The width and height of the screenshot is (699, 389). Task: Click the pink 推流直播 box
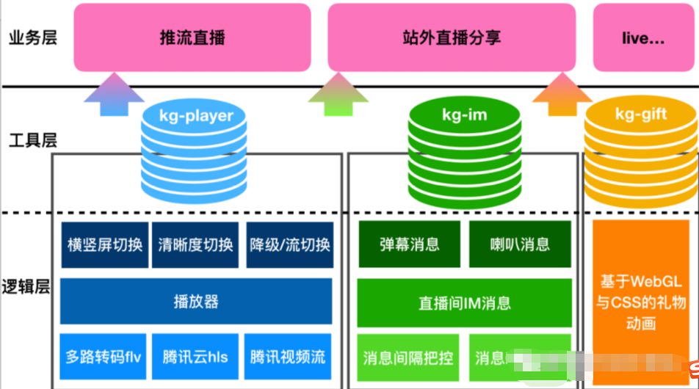coord(192,37)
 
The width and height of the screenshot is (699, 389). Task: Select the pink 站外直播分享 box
coord(452,37)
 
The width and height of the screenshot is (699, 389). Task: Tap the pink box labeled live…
coord(644,37)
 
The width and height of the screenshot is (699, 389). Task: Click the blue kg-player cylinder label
coord(196,115)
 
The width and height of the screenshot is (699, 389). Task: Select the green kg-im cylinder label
coord(464,114)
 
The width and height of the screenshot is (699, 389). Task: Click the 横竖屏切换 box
coord(104,244)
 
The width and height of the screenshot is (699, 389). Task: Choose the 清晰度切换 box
coord(196,244)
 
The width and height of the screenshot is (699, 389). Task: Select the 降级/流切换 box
coord(289,244)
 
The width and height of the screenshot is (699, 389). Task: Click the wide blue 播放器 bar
coord(196,301)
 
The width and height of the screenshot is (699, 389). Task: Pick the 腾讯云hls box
coord(196,357)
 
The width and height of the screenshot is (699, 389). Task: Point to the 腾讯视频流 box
coord(288,357)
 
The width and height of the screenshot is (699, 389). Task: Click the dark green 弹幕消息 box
coord(409,244)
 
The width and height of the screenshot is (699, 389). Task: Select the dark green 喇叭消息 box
coord(520,244)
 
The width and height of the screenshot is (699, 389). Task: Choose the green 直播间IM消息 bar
coord(464,302)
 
